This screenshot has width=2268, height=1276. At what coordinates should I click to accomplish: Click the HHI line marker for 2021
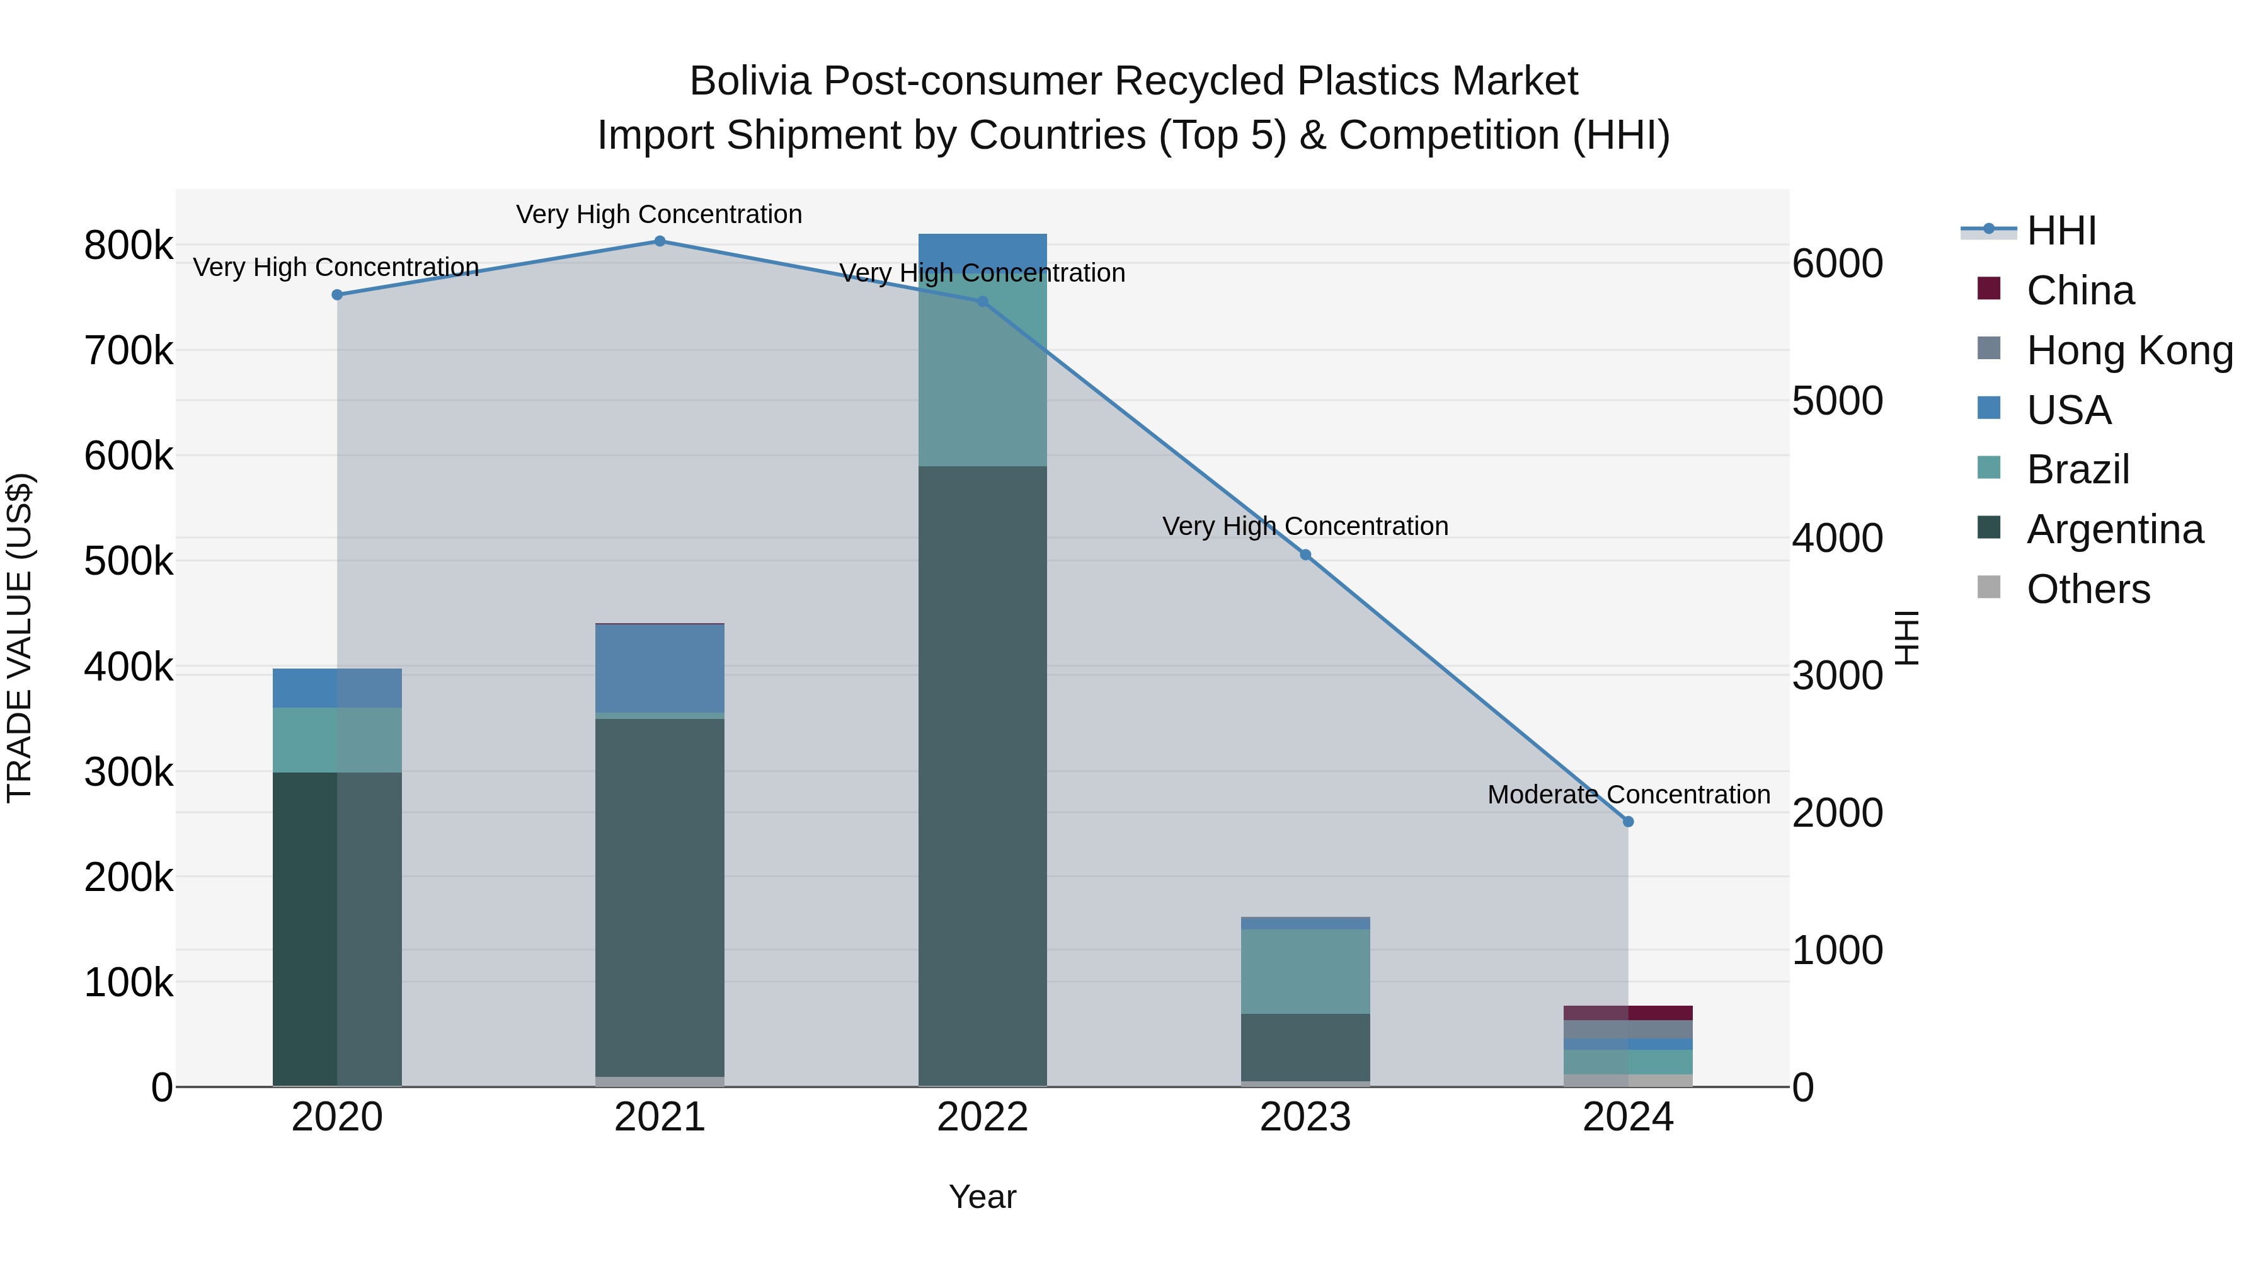pos(660,241)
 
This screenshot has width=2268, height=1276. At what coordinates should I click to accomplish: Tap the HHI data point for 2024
pos(1628,822)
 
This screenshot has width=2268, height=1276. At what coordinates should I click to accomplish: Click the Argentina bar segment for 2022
pos(983,775)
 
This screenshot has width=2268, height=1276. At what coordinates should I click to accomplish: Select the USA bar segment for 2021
pos(660,669)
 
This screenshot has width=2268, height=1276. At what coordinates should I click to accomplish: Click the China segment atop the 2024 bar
pos(1628,1013)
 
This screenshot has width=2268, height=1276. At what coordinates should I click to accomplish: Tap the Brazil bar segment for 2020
pos(337,740)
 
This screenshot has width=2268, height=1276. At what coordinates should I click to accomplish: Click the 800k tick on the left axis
pos(129,246)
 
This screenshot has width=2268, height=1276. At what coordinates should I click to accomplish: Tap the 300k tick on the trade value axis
pos(129,773)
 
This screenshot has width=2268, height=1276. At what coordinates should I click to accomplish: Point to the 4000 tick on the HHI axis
pos(1838,538)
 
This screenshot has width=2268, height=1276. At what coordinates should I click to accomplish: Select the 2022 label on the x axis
pos(983,1117)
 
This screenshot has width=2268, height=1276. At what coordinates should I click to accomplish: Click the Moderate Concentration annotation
pos(1628,795)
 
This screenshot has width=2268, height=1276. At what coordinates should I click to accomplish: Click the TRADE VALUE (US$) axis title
pos(20,638)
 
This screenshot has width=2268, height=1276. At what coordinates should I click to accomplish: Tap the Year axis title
pos(983,1197)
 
